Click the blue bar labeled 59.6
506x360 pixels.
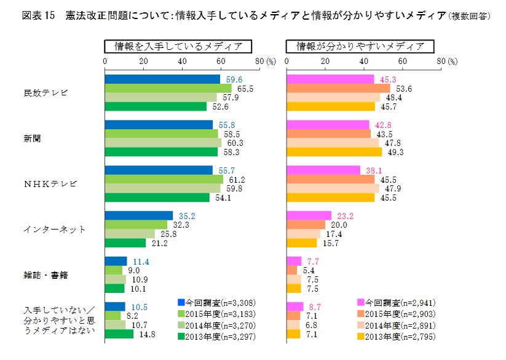tap(162, 79)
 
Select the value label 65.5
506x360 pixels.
tap(246, 88)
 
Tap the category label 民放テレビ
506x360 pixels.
tap(45, 93)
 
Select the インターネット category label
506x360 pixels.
tap(55, 230)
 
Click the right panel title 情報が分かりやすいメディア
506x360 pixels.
tap(360, 46)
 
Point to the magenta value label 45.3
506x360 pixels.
tap(389, 79)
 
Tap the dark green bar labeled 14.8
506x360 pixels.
tap(119, 334)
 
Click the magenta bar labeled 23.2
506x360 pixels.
tap(309, 215)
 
